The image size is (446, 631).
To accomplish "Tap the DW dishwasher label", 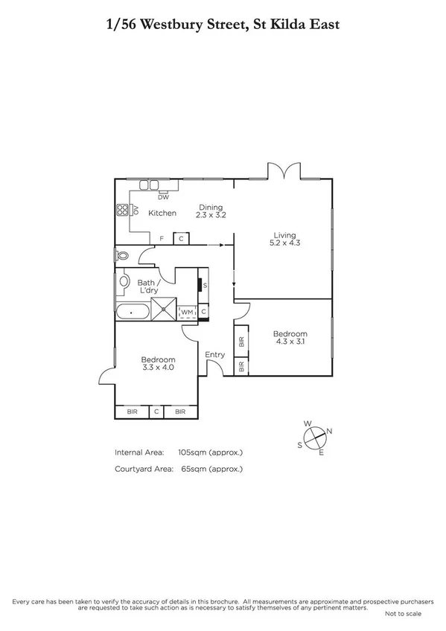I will click(163, 197).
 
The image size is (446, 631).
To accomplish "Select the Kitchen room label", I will click(162, 213).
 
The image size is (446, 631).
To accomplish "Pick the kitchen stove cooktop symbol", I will click(121, 210).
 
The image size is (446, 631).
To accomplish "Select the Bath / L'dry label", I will click(150, 286).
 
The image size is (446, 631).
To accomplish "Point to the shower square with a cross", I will click(165, 308).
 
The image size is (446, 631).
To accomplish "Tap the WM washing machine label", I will click(188, 312).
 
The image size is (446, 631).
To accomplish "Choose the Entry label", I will click(214, 355).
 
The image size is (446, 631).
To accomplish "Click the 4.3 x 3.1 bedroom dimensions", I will click(290, 342).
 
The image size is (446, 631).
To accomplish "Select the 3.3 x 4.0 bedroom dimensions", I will click(157, 367).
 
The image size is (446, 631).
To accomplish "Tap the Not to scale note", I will click(403, 614).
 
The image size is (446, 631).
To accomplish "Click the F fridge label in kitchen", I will click(162, 238).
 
